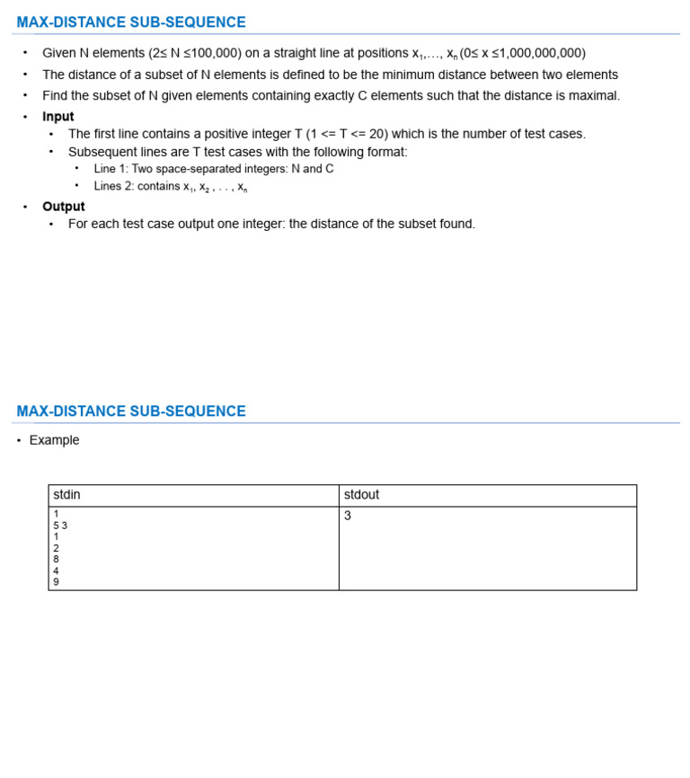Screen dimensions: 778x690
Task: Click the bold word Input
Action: coord(57,117)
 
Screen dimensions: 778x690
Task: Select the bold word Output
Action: coord(63,207)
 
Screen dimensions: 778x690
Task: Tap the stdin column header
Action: coord(66,495)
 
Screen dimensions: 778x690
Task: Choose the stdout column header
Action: coord(361,495)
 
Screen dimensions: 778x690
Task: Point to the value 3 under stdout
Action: coord(348,516)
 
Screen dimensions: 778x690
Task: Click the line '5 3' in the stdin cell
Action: coord(60,526)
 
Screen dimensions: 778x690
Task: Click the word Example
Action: coord(54,440)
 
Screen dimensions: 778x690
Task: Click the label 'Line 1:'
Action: coord(111,169)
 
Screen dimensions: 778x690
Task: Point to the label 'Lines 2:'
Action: coord(114,187)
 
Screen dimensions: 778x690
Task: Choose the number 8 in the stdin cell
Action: coord(56,559)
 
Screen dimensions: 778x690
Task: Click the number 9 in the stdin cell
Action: coord(56,581)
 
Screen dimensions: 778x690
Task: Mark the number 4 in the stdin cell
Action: coord(56,570)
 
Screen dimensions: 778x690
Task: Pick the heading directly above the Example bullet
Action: coord(131,411)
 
